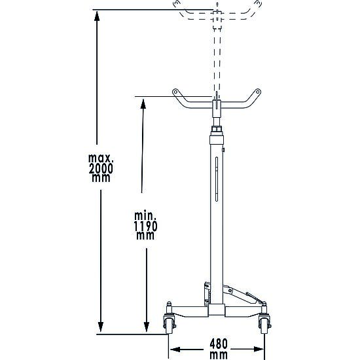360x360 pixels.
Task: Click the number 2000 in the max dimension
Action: pyautogui.click(x=101, y=169)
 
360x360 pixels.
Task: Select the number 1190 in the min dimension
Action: pyautogui.click(x=145, y=226)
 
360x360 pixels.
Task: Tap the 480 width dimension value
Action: pyautogui.click(x=219, y=344)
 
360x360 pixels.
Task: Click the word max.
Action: pyautogui.click(x=101, y=158)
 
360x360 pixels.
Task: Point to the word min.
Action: pyautogui.click(x=145, y=216)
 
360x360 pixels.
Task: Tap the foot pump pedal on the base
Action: pyautogui.click(x=255, y=298)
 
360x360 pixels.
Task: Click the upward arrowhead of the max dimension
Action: pyautogui.click(x=97, y=16)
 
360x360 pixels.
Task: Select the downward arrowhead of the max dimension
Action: pyautogui.click(x=101, y=327)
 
